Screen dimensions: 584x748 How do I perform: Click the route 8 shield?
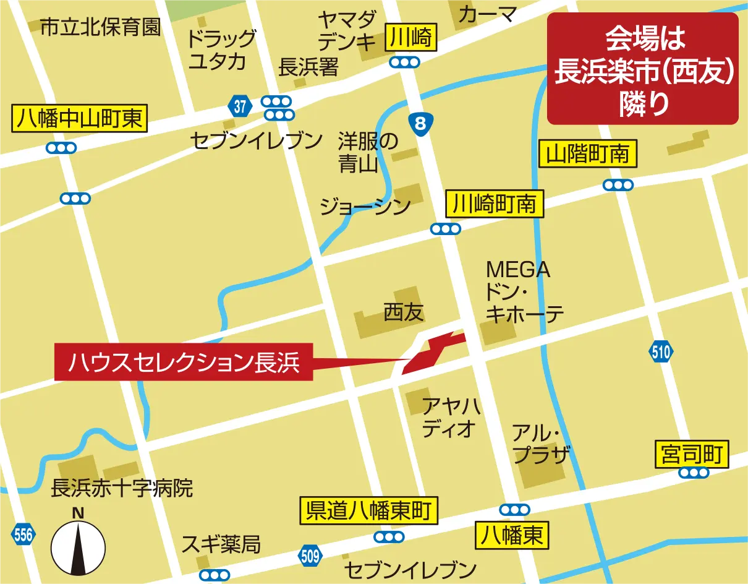pyautogui.click(x=421, y=124)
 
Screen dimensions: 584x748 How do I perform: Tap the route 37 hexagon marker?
pyautogui.click(x=240, y=106)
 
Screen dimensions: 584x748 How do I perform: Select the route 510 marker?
pyautogui.click(x=660, y=353)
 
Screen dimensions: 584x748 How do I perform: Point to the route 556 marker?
pyautogui.click(x=23, y=535)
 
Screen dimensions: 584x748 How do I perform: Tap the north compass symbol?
pyautogui.click(x=78, y=544)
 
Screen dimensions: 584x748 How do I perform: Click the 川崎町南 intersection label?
pyautogui.click(x=495, y=204)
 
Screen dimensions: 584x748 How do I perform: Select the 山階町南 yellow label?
pyautogui.click(x=588, y=153)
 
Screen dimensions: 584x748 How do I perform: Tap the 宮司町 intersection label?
pyautogui.click(x=692, y=455)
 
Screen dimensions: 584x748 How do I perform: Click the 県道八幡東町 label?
pyautogui.click(x=368, y=512)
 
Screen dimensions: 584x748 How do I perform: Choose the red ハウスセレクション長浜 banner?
pyautogui.click(x=184, y=362)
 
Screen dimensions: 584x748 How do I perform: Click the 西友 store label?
pyautogui.click(x=403, y=312)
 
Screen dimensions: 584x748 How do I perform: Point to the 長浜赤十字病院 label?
pyautogui.click(x=122, y=488)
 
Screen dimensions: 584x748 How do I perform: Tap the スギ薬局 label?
pyautogui.click(x=221, y=545)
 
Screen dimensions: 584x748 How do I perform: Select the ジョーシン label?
pyautogui.click(x=365, y=207)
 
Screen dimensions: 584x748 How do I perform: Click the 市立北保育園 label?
pyautogui.click(x=100, y=27)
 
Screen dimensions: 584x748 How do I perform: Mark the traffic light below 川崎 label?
pyautogui.click(x=405, y=62)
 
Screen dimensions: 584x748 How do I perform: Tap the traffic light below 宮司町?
pyautogui.click(x=693, y=473)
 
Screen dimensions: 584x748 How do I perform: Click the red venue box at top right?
pyautogui.click(x=643, y=68)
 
